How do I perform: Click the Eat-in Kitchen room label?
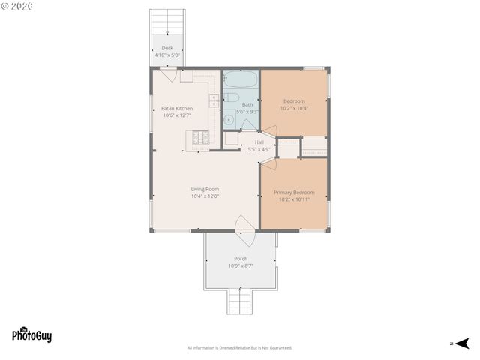click(x=177, y=109)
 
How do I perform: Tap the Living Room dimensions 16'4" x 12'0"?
click(x=205, y=196)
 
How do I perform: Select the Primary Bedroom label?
click(x=294, y=193)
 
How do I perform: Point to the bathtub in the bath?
click(x=241, y=80)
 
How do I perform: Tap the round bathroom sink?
click(x=230, y=120)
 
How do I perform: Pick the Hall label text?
click(x=259, y=142)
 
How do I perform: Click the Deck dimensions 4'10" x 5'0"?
click(x=166, y=55)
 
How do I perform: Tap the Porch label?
click(x=241, y=259)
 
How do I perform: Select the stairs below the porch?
click(x=241, y=303)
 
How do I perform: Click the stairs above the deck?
click(x=166, y=22)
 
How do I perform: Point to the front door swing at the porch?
click(x=244, y=226)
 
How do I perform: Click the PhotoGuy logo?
click(x=31, y=335)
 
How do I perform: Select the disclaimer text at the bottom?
click(x=240, y=348)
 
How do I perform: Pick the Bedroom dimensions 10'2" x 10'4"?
click(x=294, y=107)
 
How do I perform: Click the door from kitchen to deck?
click(x=169, y=74)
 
